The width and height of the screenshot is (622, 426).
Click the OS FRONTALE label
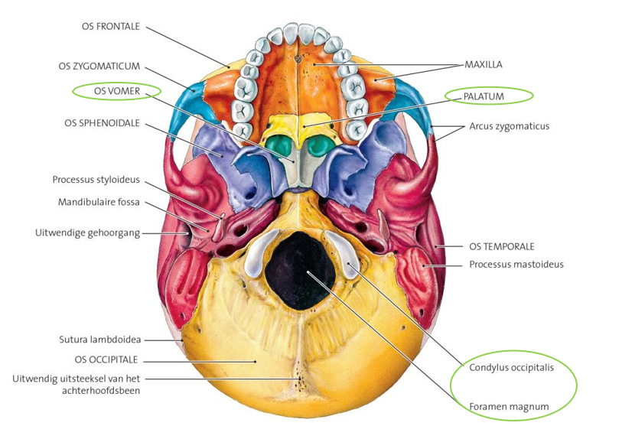click(111, 26)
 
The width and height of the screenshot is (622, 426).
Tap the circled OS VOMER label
click(116, 90)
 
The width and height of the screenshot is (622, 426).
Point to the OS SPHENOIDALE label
click(103, 122)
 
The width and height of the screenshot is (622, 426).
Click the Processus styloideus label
click(96, 180)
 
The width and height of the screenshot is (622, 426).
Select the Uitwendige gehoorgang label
click(88, 233)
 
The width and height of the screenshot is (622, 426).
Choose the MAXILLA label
click(484, 65)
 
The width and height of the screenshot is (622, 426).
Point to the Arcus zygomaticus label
click(509, 126)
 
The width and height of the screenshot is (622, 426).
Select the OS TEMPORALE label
click(501, 246)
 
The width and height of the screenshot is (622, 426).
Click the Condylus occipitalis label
click(510, 367)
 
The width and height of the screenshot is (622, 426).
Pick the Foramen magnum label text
click(509, 407)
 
